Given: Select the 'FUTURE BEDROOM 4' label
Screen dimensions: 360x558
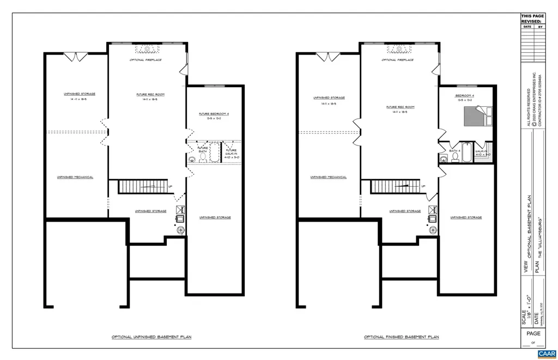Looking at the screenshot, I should (x=214, y=114).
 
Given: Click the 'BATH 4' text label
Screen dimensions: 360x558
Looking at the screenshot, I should (x=455, y=151).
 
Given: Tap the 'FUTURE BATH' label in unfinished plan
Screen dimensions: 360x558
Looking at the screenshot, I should (x=203, y=150).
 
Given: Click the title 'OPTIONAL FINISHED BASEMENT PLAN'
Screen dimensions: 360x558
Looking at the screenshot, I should (x=401, y=337).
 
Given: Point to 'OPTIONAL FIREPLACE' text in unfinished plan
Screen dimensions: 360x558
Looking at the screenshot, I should (x=145, y=60).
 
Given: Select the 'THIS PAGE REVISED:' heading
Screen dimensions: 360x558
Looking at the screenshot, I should (x=532, y=19).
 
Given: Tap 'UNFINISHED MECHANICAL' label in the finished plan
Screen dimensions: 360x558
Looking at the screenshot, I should (x=329, y=177).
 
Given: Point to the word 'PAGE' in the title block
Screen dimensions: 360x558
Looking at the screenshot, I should (x=533, y=333).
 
